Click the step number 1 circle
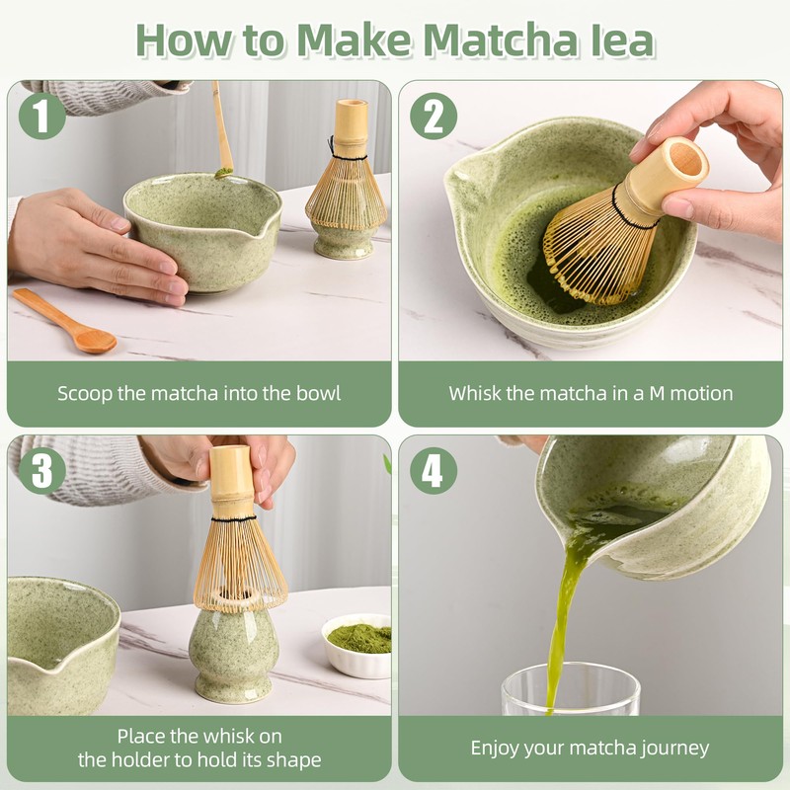tap(42, 116)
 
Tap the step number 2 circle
tap(434, 116)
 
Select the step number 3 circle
tap(42, 471)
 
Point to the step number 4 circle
tap(434, 471)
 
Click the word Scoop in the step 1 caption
tap(85, 394)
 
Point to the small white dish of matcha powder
tap(356, 645)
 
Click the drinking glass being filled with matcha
tap(571, 689)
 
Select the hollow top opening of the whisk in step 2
tap(685, 161)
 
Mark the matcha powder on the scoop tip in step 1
tap(223, 173)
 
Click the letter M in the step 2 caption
tap(657, 393)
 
